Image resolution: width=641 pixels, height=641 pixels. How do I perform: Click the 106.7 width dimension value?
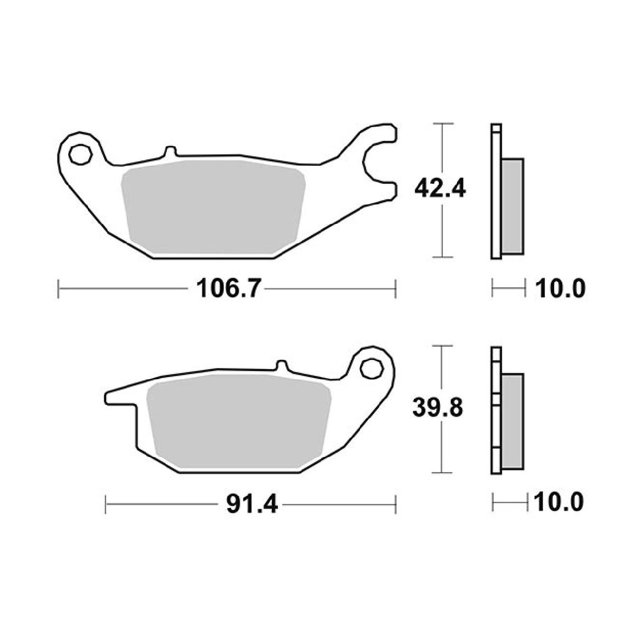point(227,289)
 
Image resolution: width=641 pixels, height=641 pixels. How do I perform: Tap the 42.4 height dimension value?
point(440,190)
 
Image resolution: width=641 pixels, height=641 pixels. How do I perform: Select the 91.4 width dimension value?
point(251,505)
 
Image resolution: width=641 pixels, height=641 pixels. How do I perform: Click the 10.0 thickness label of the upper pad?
point(560,288)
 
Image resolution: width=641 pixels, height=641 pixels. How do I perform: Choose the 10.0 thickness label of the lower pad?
point(559,503)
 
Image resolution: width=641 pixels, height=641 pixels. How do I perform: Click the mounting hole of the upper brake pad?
point(80,154)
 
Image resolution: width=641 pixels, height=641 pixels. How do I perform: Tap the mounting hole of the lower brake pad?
point(370,369)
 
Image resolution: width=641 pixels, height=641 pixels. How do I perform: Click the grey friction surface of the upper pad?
point(213,206)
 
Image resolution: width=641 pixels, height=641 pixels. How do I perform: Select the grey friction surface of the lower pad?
point(239,421)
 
